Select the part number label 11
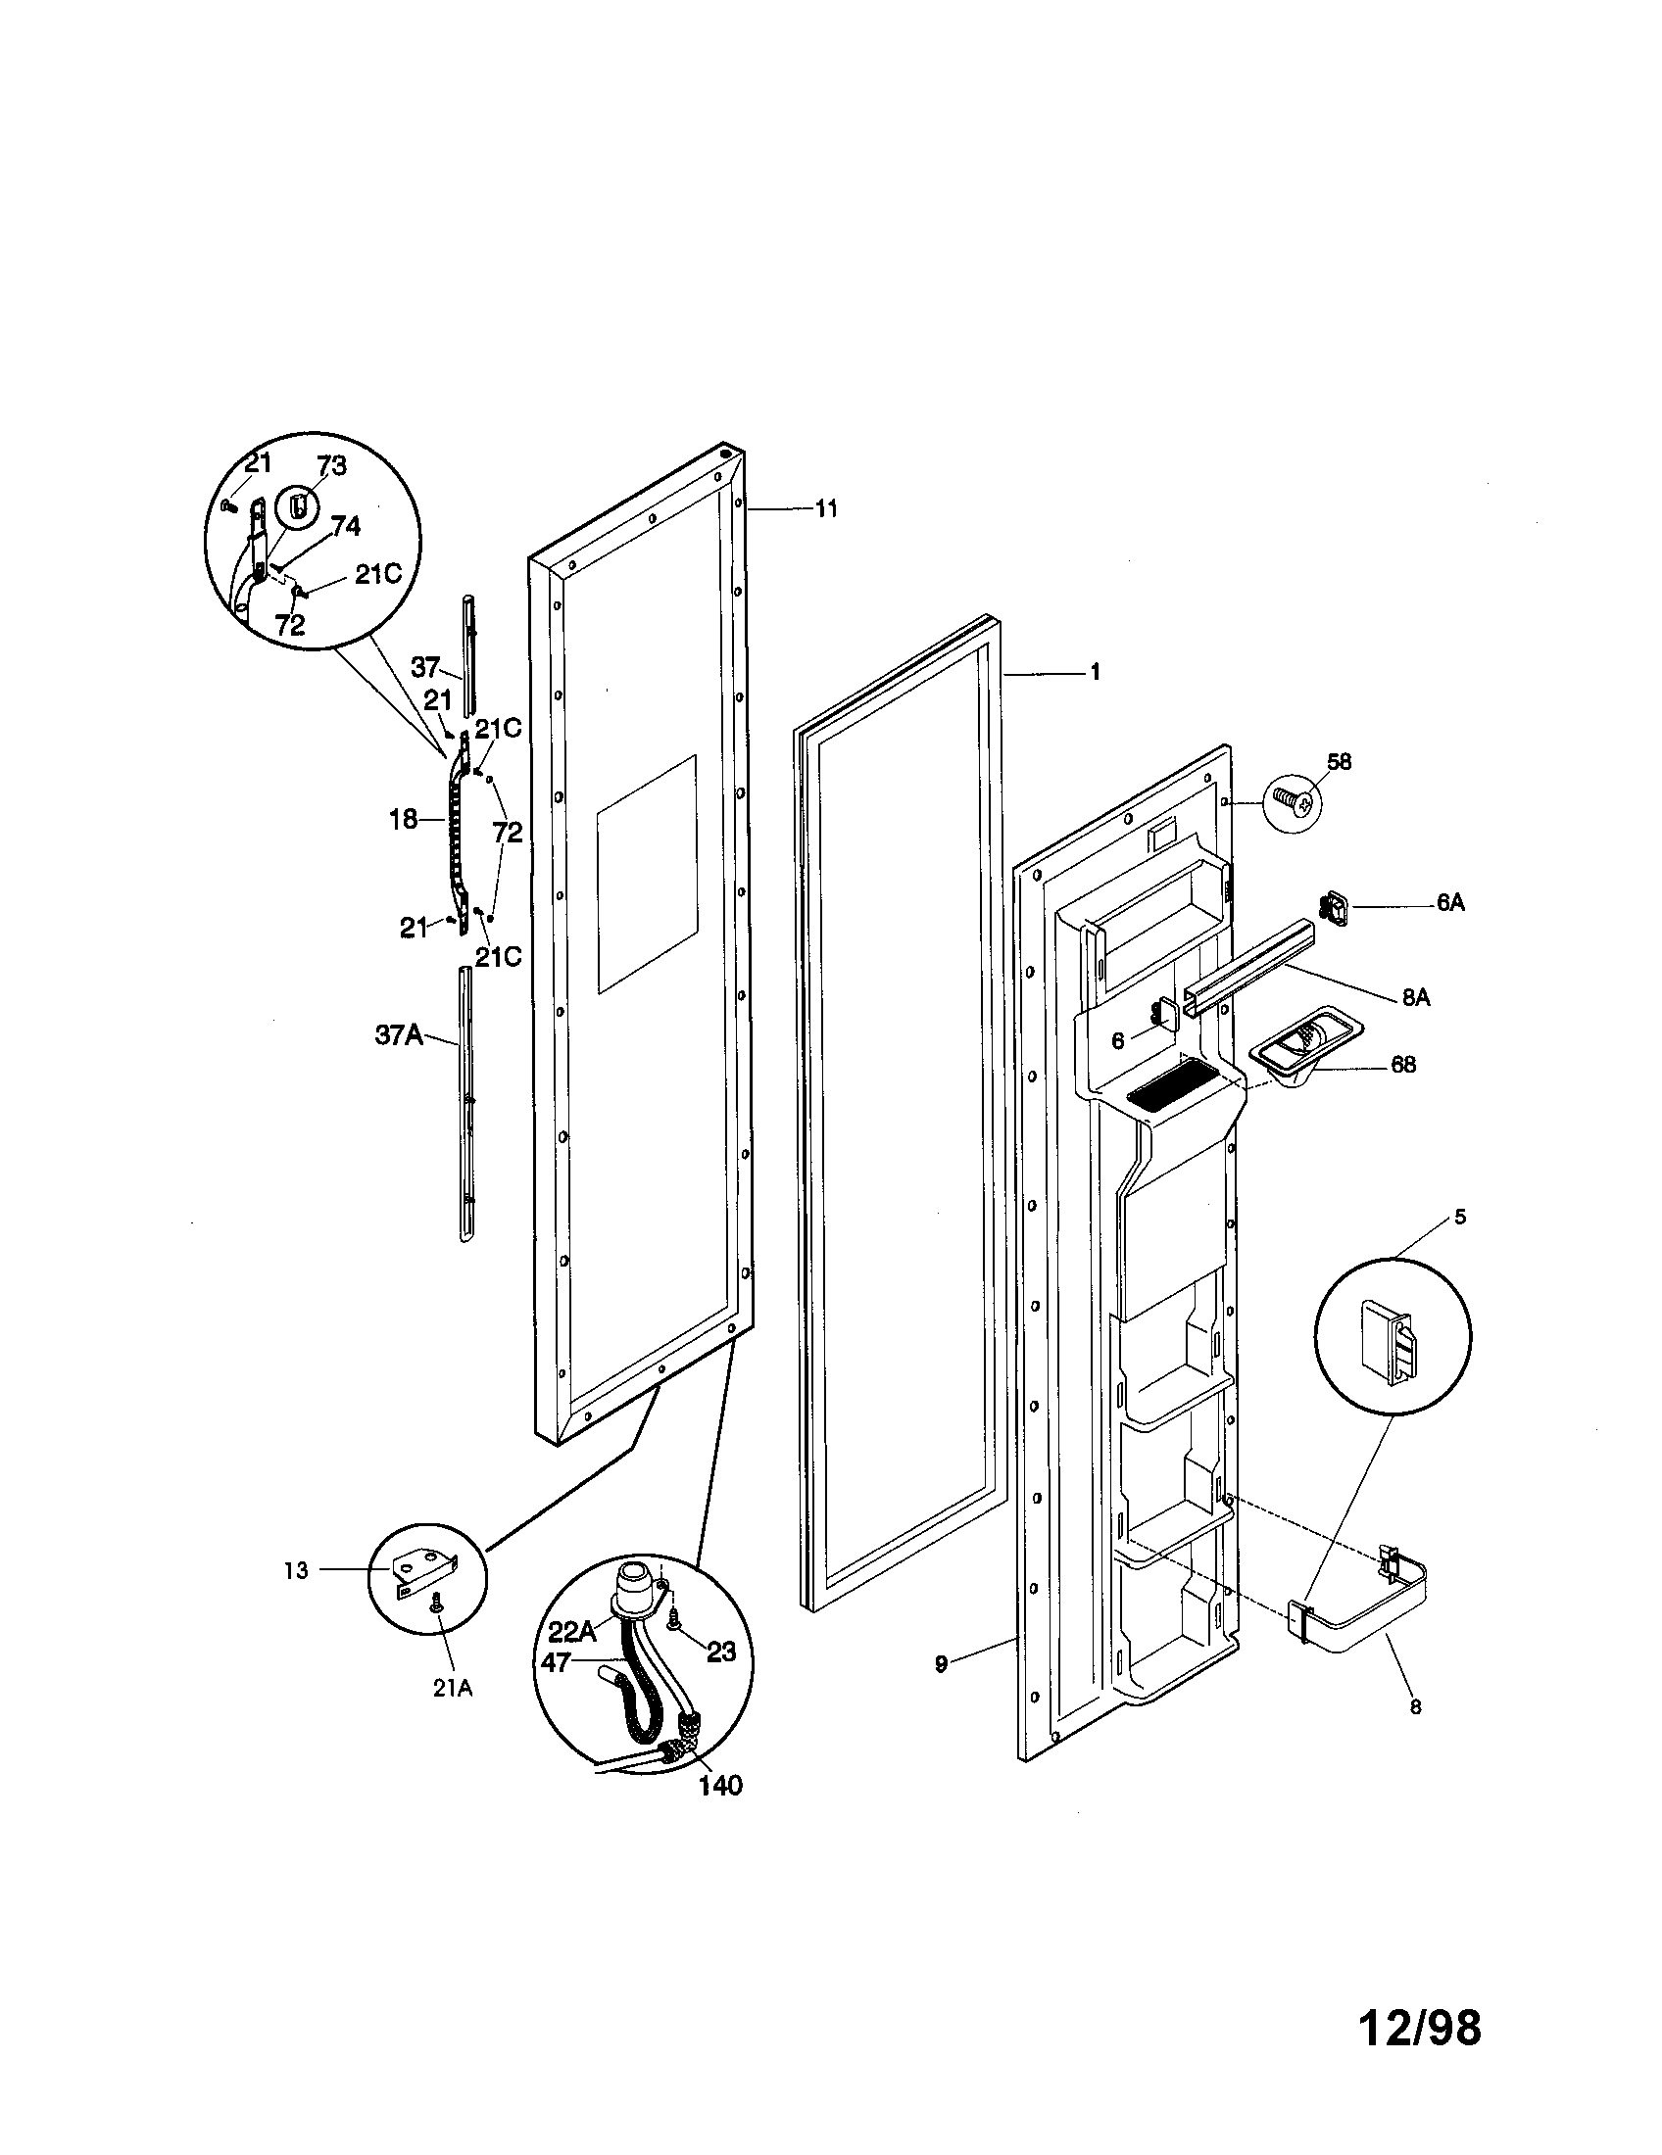[826, 508]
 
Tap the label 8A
[1415, 997]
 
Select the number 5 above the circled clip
[1461, 1217]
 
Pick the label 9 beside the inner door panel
[942, 1663]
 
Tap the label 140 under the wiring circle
[720, 1785]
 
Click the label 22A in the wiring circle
[572, 1631]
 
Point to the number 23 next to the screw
[721, 1651]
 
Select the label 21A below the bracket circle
[452, 1689]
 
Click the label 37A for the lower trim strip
[399, 1036]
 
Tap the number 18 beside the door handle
[403, 819]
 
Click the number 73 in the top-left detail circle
[331, 466]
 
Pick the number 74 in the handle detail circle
[344, 526]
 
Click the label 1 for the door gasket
[1095, 672]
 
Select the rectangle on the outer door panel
[647, 873]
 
